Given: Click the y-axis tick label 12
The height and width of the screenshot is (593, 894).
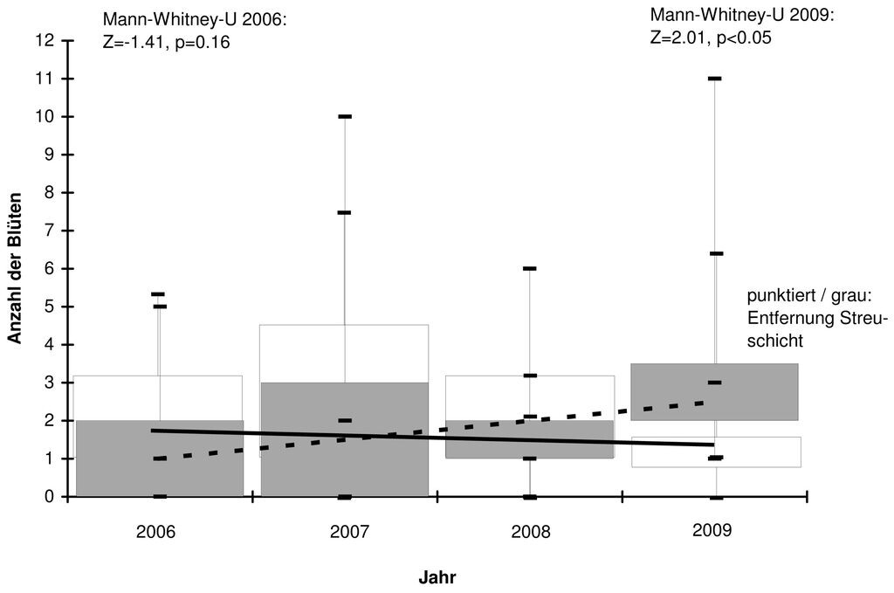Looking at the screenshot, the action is click(x=45, y=40).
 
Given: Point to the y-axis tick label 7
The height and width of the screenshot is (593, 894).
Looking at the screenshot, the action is click(x=49, y=231).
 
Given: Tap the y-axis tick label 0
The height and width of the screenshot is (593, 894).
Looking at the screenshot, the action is click(x=49, y=497).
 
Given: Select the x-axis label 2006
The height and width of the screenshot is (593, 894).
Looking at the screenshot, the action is click(x=155, y=532).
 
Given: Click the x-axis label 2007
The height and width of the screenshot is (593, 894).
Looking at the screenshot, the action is click(x=349, y=532).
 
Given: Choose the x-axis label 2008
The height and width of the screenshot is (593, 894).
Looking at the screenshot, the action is click(x=531, y=532).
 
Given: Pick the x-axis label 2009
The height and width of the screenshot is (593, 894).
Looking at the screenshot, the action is click(x=712, y=530).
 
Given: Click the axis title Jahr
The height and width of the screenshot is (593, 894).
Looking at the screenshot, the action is click(x=437, y=577).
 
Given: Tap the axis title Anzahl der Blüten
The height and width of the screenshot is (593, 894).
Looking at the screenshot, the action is click(x=14, y=268).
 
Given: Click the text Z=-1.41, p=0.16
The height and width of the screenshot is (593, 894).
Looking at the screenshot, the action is click(x=167, y=43).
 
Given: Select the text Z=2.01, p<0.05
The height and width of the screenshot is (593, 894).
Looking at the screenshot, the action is click(x=711, y=38).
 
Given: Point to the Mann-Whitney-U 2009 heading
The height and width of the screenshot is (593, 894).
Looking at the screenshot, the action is click(x=742, y=15).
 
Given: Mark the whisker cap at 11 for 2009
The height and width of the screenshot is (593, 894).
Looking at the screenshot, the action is click(x=715, y=78).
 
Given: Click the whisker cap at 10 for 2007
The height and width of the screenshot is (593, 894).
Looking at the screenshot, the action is click(x=345, y=116).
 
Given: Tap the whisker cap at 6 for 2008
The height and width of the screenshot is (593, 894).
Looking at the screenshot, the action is click(x=530, y=268).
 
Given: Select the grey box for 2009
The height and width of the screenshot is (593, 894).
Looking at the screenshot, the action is click(x=714, y=392).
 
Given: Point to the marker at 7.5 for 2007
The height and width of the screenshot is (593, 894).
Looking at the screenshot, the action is click(x=344, y=213).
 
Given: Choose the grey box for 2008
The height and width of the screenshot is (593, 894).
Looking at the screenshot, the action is click(x=530, y=439).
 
